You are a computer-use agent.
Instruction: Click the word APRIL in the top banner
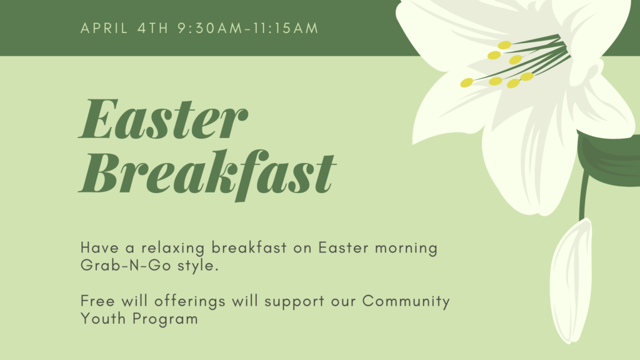point(104,28)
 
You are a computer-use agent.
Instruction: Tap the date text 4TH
point(152,28)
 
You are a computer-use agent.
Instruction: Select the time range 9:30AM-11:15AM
point(247,28)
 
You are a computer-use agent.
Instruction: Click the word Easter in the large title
point(163,119)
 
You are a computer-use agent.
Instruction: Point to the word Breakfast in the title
point(207,173)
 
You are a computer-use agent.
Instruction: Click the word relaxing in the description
point(173,248)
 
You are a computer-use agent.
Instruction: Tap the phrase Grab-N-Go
point(126,265)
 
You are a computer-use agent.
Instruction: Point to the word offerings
point(190,302)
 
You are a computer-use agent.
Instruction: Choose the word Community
point(406,302)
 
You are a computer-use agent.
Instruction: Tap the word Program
point(165,319)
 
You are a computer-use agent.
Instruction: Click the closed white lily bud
point(571,282)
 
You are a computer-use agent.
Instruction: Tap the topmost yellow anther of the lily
point(504,45)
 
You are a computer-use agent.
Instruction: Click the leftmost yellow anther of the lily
point(466,83)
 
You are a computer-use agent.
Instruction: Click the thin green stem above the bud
point(584,196)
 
